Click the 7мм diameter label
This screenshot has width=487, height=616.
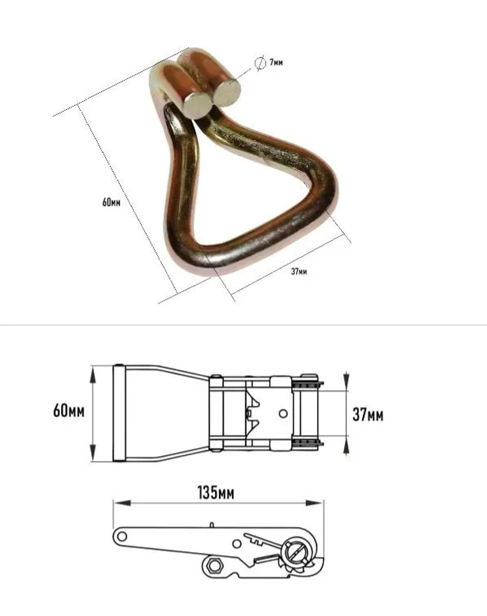[276, 62]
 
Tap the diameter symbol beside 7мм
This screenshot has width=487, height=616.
[260, 63]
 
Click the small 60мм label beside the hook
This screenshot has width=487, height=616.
[112, 203]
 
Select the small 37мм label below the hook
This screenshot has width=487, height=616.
[299, 271]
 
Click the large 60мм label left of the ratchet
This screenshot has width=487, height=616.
[69, 411]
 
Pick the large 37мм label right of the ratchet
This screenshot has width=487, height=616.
[368, 414]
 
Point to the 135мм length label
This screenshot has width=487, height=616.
[216, 493]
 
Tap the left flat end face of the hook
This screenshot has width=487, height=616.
[197, 105]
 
